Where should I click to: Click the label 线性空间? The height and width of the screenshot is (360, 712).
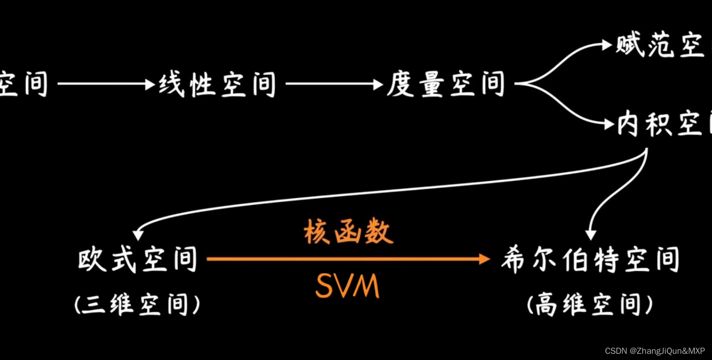pyautogui.click(x=217, y=84)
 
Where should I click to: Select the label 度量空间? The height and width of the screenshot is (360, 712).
pyautogui.click(x=445, y=84)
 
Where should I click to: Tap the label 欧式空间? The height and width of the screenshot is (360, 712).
pyautogui.click(x=137, y=259)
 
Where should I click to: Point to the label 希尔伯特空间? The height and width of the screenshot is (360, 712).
pyautogui.click(x=590, y=260)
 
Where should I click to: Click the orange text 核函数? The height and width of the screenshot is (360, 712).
pyautogui.click(x=348, y=231)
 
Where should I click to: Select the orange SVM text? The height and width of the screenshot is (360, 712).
pyautogui.click(x=347, y=286)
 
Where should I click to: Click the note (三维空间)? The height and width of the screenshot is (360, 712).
pyautogui.click(x=137, y=304)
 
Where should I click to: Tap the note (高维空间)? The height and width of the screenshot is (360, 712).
pyautogui.click(x=590, y=304)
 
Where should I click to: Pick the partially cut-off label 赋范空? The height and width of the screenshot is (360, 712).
pyautogui.click(x=659, y=45)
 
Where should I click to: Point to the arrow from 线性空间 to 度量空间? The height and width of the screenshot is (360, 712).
pyautogui.click(x=334, y=83)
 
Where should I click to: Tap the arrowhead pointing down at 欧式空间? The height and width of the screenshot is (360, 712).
pyautogui.click(x=138, y=235)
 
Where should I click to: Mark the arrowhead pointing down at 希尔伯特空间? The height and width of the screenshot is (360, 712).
pyautogui.click(x=591, y=235)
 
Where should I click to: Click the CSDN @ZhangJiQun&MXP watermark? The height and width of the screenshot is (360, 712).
pyautogui.click(x=655, y=351)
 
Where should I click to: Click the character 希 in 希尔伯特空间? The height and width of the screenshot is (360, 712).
pyautogui.click(x=514, y=260)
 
